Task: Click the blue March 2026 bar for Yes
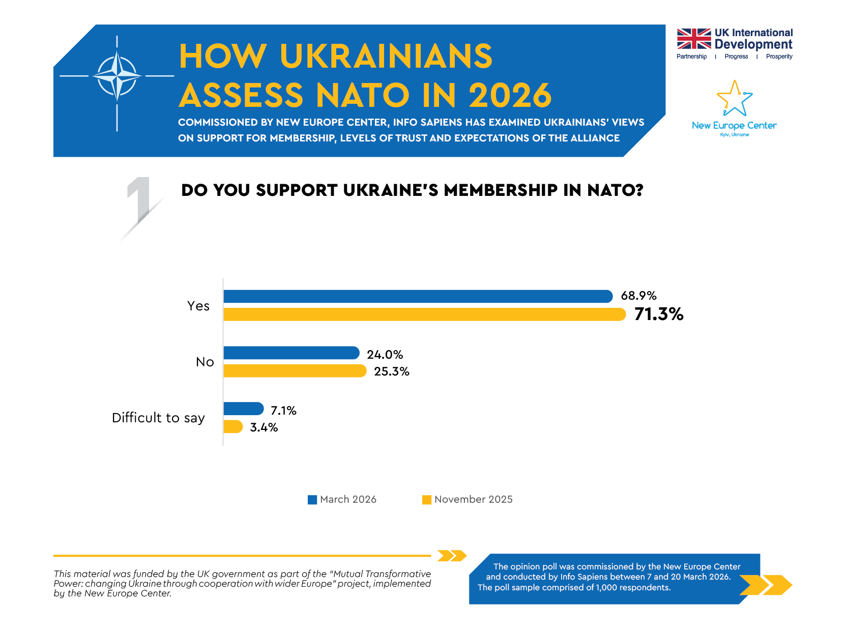[417, 297]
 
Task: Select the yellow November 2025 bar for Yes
[424, 314]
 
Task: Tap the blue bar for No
[291, 353]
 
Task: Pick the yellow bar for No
[295, 371]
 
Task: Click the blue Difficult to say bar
[243, 409]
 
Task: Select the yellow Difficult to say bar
[233, 426]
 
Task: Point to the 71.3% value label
[659, 314]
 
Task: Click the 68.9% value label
[638, 296]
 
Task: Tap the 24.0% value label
[385, 355]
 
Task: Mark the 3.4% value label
[264, 427]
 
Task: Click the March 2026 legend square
[312, 500]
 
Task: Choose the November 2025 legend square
[427, 500]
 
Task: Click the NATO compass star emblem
[117, 76]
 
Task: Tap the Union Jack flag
[694, 39]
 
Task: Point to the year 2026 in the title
[510, 95]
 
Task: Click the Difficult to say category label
[158, 418]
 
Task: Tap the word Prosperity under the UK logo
[779, 56]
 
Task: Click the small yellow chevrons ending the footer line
[452, 556]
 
